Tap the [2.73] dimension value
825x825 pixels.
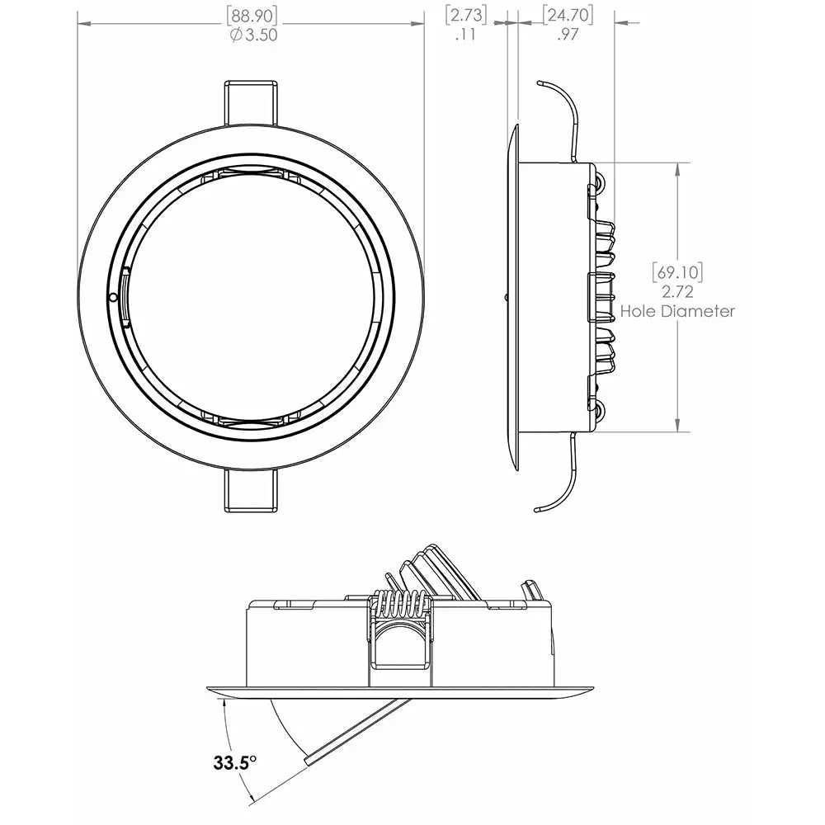(x=465, y=15)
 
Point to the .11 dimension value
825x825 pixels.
(x=465, y=35)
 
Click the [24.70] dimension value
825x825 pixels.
(x=567, y=15)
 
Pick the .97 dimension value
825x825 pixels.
(x=567, y=35)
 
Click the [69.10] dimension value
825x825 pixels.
(x=678, y=271)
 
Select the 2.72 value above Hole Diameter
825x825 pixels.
(x=678, y=291)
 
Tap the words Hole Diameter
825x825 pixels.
(x=678, y=311)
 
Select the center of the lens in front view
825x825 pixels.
(x=254, y=295)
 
